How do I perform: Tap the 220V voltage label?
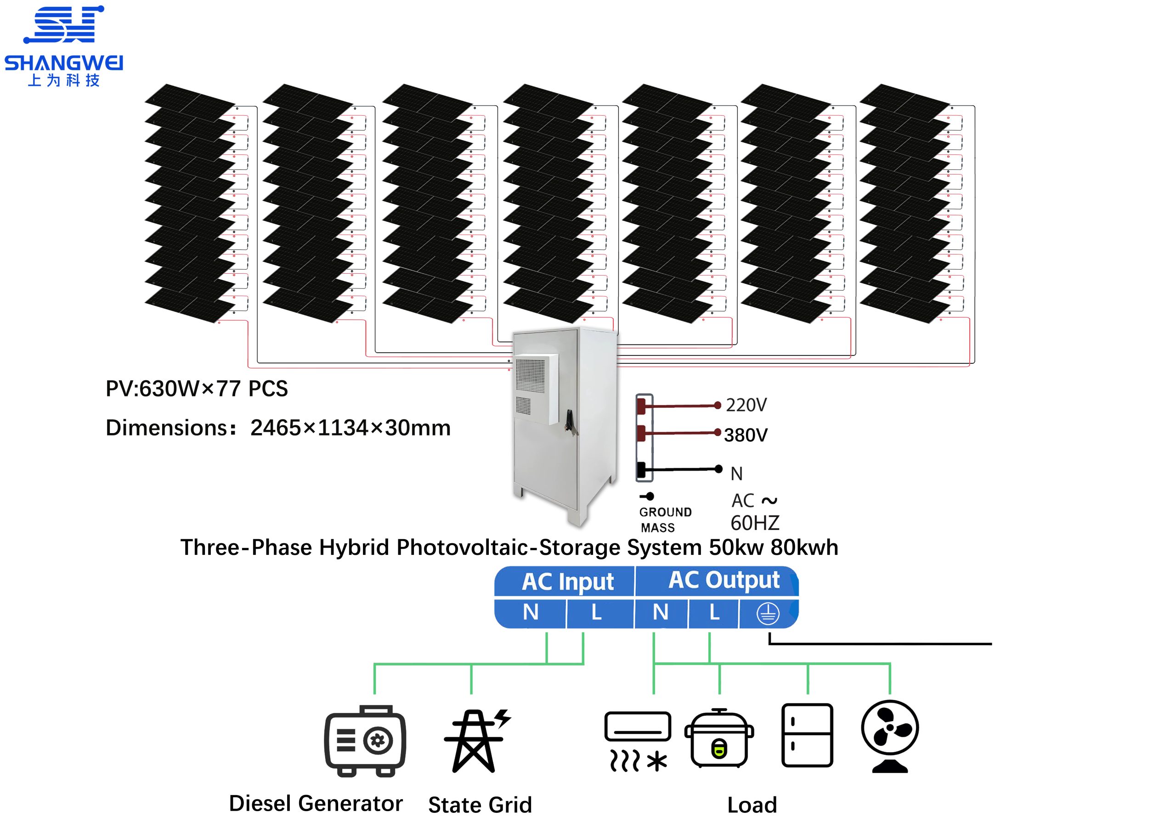(x=746, y=405)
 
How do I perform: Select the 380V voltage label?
(x=746, y=435)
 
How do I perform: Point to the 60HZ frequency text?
(x=754, y=524)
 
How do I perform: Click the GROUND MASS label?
(x=664, y=519)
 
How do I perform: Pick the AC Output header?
(x=724, y=581)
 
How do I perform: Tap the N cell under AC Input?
(x=530, y=612)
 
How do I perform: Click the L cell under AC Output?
(x=714, y=612)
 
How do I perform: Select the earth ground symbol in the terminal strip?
(x=767, y=614)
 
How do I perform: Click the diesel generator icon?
(x=365, y=741)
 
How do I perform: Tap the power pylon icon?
(x=476, y=741)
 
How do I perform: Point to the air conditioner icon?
(x=638, y=741)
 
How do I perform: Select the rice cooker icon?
(x=718, y=739)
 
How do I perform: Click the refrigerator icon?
(x=807, y=735)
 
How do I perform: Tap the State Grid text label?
(x=480, y=805)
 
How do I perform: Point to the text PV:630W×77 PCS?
(x=197, y=389)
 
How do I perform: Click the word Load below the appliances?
(x=752, y=805)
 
